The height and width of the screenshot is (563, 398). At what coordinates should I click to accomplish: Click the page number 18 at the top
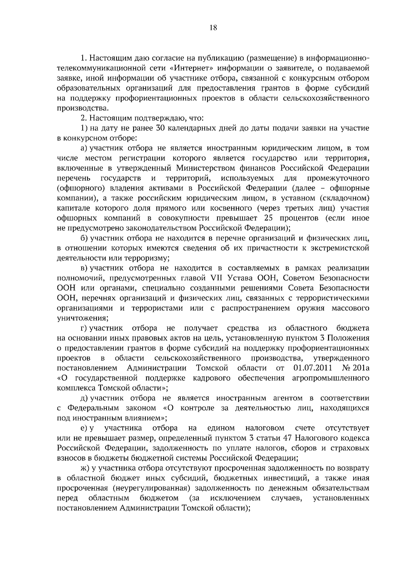213,28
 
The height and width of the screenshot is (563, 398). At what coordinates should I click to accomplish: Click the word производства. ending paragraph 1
83,108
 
